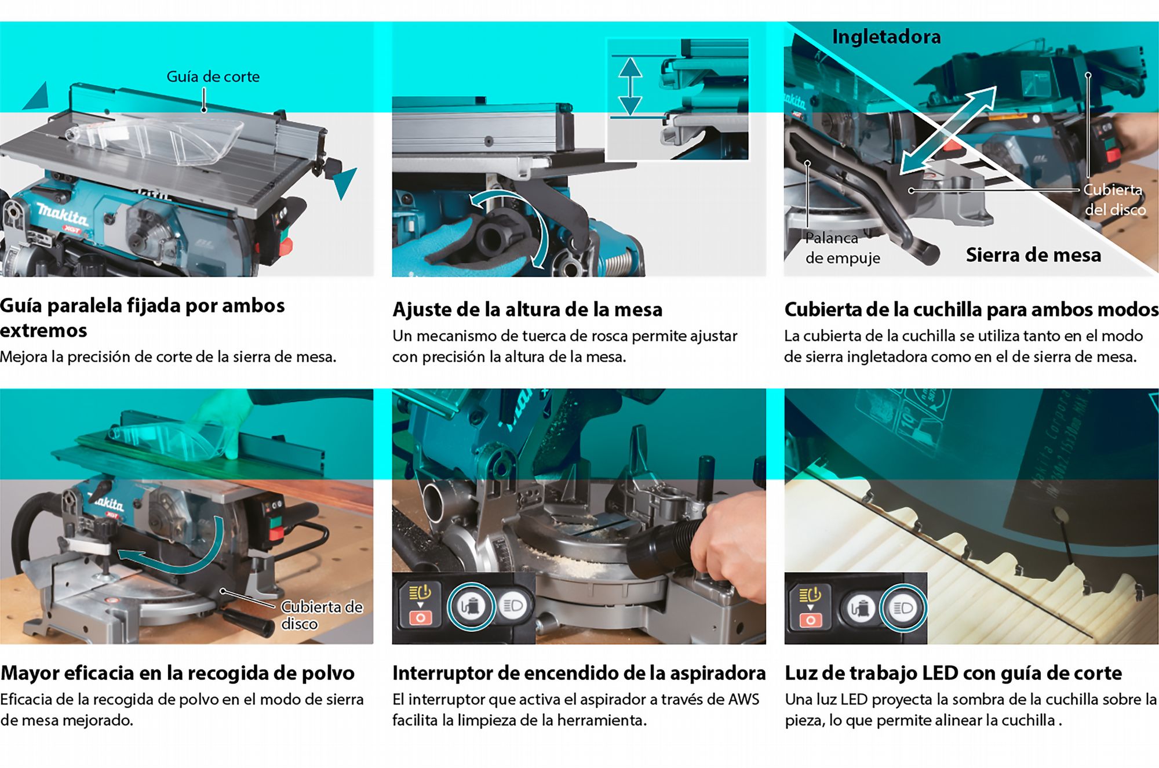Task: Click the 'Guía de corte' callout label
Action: (213, 77)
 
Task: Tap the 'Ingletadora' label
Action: (886, 37)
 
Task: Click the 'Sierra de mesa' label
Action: (1033, 255)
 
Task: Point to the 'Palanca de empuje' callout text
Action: (843, 247)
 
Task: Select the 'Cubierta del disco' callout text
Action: (1114, 199)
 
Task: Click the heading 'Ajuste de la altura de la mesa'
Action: (527, 310)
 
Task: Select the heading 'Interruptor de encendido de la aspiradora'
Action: (579, 673)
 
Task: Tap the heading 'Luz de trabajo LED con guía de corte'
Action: (953, 674)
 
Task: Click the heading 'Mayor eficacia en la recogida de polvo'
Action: (177, 673)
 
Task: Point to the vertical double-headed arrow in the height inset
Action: (630, 86)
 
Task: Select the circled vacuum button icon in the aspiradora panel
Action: (471, 606)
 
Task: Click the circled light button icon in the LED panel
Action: (903, 608)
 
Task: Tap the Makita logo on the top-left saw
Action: (63, 215)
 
